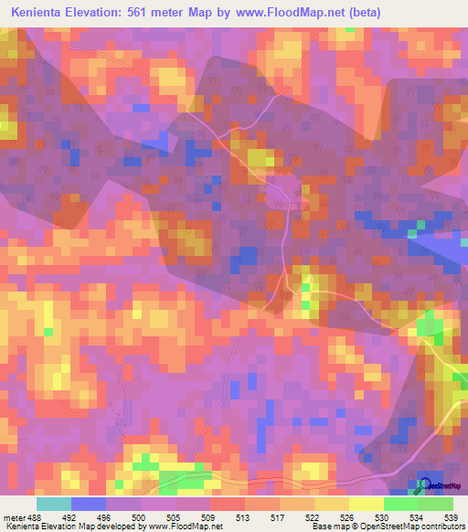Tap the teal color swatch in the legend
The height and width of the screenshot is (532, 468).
coord(53,504)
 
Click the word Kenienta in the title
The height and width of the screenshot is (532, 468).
coord(41,13)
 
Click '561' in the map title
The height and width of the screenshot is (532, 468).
coord(149,13)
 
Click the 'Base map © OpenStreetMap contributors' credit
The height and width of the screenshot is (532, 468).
coord(387,526)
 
